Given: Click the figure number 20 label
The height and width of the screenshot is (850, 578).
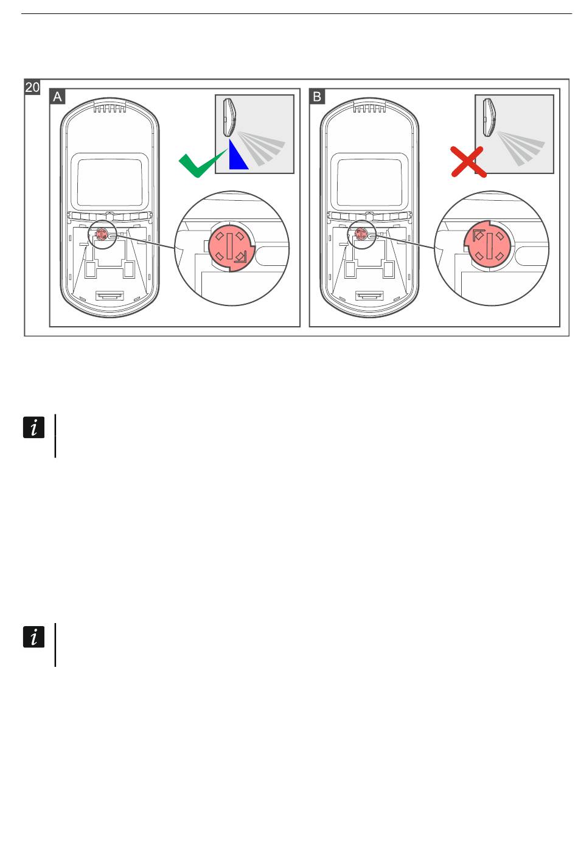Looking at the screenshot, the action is tap(32, 87).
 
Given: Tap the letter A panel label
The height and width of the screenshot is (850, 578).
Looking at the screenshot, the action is tap(57, 97).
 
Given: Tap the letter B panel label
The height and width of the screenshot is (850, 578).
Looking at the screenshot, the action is tap(317, 97).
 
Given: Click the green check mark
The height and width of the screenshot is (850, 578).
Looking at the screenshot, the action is tap(202, 163).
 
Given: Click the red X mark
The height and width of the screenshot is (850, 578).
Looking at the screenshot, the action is tap(468, 162).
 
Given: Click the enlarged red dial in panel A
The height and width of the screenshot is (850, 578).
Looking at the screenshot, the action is tap(231, 246).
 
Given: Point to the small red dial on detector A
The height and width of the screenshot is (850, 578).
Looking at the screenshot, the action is tap(102, 234).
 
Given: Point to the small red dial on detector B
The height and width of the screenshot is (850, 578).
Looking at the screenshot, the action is tap(360, 234).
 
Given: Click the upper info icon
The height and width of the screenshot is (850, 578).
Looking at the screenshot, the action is tap(34, 427).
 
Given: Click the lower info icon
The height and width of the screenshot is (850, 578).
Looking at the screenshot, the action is tap(34, 636).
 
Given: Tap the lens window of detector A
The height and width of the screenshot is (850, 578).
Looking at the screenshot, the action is tap(110, 181).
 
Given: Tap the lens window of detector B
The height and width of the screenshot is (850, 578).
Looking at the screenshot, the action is tap(369, 181).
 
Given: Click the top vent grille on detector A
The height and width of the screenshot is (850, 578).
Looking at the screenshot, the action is tap(110, 109).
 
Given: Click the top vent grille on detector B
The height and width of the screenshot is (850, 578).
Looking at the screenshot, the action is tap(369, 109).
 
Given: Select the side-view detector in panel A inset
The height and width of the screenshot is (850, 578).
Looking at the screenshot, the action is tap(229, 117).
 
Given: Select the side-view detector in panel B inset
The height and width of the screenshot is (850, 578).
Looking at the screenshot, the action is tap(489, 117).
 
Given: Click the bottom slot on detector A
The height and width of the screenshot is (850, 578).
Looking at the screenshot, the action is tap(110, 295).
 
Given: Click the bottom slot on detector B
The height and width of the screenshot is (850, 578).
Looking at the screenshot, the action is tap(369, 295).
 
